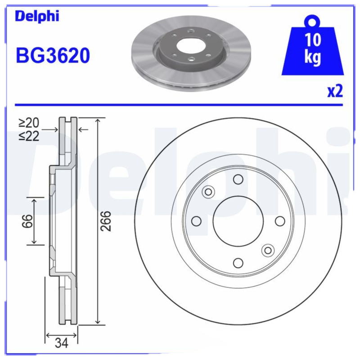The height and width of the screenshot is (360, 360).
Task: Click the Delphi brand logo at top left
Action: [37, 17]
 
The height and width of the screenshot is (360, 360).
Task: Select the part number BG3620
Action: [53, 56]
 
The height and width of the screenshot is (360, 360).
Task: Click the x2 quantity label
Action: [335, 91]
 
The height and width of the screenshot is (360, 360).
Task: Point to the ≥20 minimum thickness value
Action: [29, 123]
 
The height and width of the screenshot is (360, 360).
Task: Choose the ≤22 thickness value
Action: [29, 135]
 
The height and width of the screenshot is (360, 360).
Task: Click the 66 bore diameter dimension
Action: [28, 221]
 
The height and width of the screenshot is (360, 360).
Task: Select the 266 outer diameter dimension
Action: [105, 221]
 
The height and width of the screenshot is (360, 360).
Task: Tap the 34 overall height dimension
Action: [61, 344]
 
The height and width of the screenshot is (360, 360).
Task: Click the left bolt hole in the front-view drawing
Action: [196, 221]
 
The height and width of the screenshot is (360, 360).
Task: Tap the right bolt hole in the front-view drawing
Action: [279, 221]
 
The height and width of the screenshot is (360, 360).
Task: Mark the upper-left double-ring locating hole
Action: [208, 192]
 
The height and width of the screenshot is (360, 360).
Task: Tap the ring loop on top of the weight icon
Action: [312, 21]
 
